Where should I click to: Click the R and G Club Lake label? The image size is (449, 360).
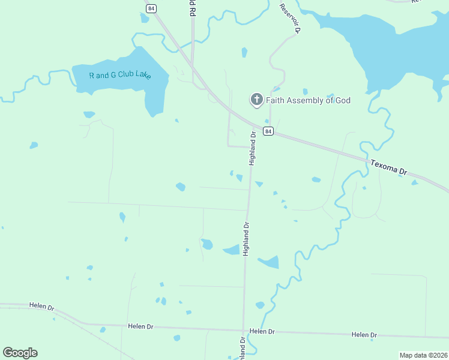(x=120, y=76)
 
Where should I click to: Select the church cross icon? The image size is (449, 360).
(x=257, y=100)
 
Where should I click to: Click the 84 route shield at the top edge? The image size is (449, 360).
(x=151, y=8)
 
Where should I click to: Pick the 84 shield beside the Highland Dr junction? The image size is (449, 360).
(x=268, y=131)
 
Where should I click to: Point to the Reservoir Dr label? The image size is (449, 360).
(x=290, y=17)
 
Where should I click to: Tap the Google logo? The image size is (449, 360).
(x=20, y=353)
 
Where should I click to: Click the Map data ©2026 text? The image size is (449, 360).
(x=423, y=355)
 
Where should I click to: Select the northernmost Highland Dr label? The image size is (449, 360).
(x=253, y=148)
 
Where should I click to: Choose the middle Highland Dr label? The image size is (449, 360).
(x=246, y=239)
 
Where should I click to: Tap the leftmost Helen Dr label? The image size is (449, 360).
(x=41, y=306)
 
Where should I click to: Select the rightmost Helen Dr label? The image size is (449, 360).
(x=364, y=335)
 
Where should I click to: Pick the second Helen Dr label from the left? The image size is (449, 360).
(x=140, y=326)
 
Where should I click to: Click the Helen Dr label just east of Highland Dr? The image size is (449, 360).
(x=262, y=331)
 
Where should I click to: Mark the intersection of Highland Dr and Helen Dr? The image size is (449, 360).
(x=243, y=330)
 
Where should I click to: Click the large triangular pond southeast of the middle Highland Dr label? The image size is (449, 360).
(x=270, y=262)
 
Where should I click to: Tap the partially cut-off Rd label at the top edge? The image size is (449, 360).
(x=193, y=8)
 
